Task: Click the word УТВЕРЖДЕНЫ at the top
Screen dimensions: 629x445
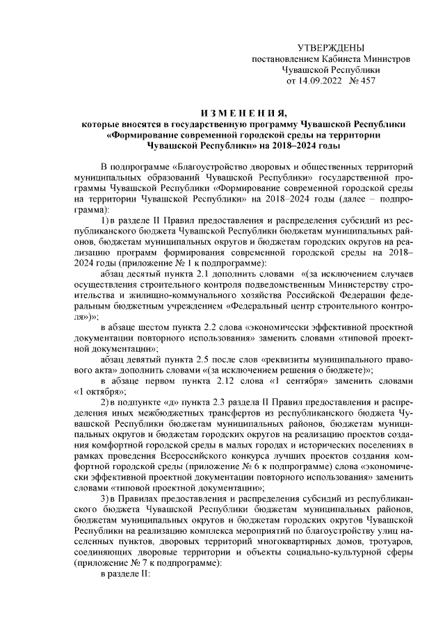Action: [330, 48]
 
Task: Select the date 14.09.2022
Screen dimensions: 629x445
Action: [324, 81]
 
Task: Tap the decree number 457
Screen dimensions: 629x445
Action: [365, 81]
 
